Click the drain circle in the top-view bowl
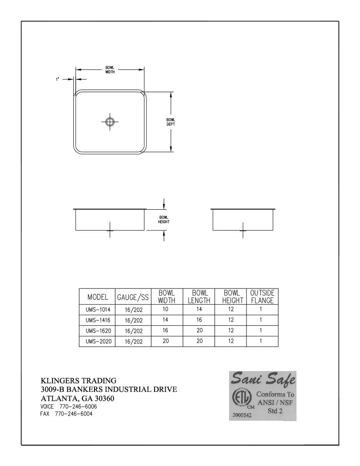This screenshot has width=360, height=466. [x=110, y=122]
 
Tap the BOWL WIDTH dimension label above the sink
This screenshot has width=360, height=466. [x=110, y=70]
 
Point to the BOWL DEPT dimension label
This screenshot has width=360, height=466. [x=171, y=122]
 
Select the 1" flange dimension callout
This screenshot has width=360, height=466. [x=57, y=79]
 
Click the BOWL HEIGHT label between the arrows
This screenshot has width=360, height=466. [x=163, y=220]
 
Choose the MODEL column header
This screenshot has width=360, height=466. [x=98, y=297]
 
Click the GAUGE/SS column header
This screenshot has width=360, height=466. [x=133, y=297]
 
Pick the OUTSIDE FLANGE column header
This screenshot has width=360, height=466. [x=262, y=297]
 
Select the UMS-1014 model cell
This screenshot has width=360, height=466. [x=98, y=310]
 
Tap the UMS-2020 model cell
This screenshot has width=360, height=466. [x=98, y=341]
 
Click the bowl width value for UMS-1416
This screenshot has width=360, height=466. [x=166, y=320]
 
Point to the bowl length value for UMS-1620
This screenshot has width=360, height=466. [x=199, y=330]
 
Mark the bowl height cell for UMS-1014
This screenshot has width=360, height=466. [x=231, y=310]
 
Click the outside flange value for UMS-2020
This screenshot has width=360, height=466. [x=261, y=341]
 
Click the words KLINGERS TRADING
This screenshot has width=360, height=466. [x=78, y=380]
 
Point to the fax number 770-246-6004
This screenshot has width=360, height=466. [x=74, y=414]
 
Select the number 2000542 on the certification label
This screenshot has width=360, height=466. [x=242, y=416]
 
